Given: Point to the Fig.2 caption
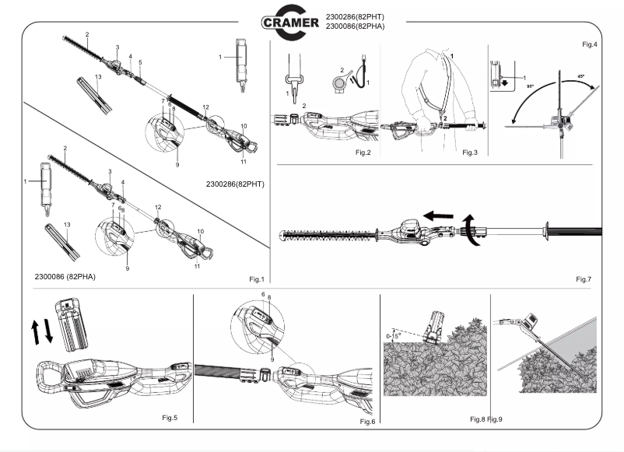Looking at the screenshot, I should [x=362, y=152].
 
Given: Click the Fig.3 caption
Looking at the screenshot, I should [x=469, y=152].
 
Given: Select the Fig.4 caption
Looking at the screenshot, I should [x=589, y=44].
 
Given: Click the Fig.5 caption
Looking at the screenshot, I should [x=170, y=418].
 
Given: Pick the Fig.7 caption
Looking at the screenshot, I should [x=584, y=279].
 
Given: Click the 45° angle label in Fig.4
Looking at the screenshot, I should [x=580, y=76].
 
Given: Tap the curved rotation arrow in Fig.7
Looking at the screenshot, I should [x=468, y=232].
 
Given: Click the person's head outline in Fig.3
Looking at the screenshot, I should [x=446, y=54].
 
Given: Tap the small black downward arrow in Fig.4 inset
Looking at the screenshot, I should [x=504, y=83].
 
